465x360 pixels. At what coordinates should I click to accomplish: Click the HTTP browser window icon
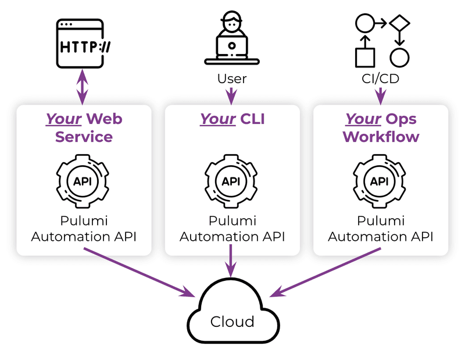tap(83, 43)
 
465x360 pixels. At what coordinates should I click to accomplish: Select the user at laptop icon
tap(231, 38)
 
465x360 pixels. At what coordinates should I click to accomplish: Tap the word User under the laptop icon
tap(232, 79)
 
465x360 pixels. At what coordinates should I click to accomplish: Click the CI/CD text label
tap(380, 79)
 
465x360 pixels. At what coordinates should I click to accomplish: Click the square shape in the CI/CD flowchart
tap(364, 58)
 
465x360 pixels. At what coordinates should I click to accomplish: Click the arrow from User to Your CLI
tap(232, 95)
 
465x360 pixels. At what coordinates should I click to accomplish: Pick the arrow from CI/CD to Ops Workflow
tap(381, 95)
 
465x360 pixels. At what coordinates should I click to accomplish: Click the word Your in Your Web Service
tap(64, 119)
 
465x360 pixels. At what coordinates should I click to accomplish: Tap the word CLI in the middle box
tap(252, 119)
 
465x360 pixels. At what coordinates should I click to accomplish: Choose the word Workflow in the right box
tap(381, 137)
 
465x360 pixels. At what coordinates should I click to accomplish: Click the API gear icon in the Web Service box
tap(83, 181)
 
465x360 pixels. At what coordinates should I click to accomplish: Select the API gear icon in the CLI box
tap(231, 181)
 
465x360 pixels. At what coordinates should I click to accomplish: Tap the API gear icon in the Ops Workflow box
tap(380, 181)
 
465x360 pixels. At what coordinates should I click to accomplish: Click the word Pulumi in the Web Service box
tap(83, 221)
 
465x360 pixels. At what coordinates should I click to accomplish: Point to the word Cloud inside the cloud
tap(232, 322)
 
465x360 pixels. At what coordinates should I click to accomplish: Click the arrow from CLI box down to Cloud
tap(232, 260)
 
